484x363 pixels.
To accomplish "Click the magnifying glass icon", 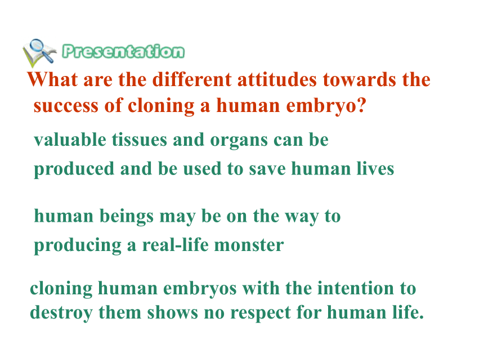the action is [39, 52].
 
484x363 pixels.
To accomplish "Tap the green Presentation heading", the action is [123, 51].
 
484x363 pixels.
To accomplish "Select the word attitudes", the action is [277, 79].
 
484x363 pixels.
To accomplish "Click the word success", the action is [66, 106].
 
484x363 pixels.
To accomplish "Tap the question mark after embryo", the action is [362, 105].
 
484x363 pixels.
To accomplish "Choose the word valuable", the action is [70, 140].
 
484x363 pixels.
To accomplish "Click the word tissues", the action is [139, 140].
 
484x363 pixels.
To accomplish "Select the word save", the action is [267, 169].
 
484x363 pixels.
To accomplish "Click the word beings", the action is [127, 216].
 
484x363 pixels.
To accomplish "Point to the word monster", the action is [249, 245].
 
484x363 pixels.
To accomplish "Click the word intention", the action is [356, 288].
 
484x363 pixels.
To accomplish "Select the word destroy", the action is [61, 313].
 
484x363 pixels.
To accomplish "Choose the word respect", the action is [261, 313].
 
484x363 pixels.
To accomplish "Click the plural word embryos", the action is [200, 289].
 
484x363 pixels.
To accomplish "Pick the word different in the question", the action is [192, 79].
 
